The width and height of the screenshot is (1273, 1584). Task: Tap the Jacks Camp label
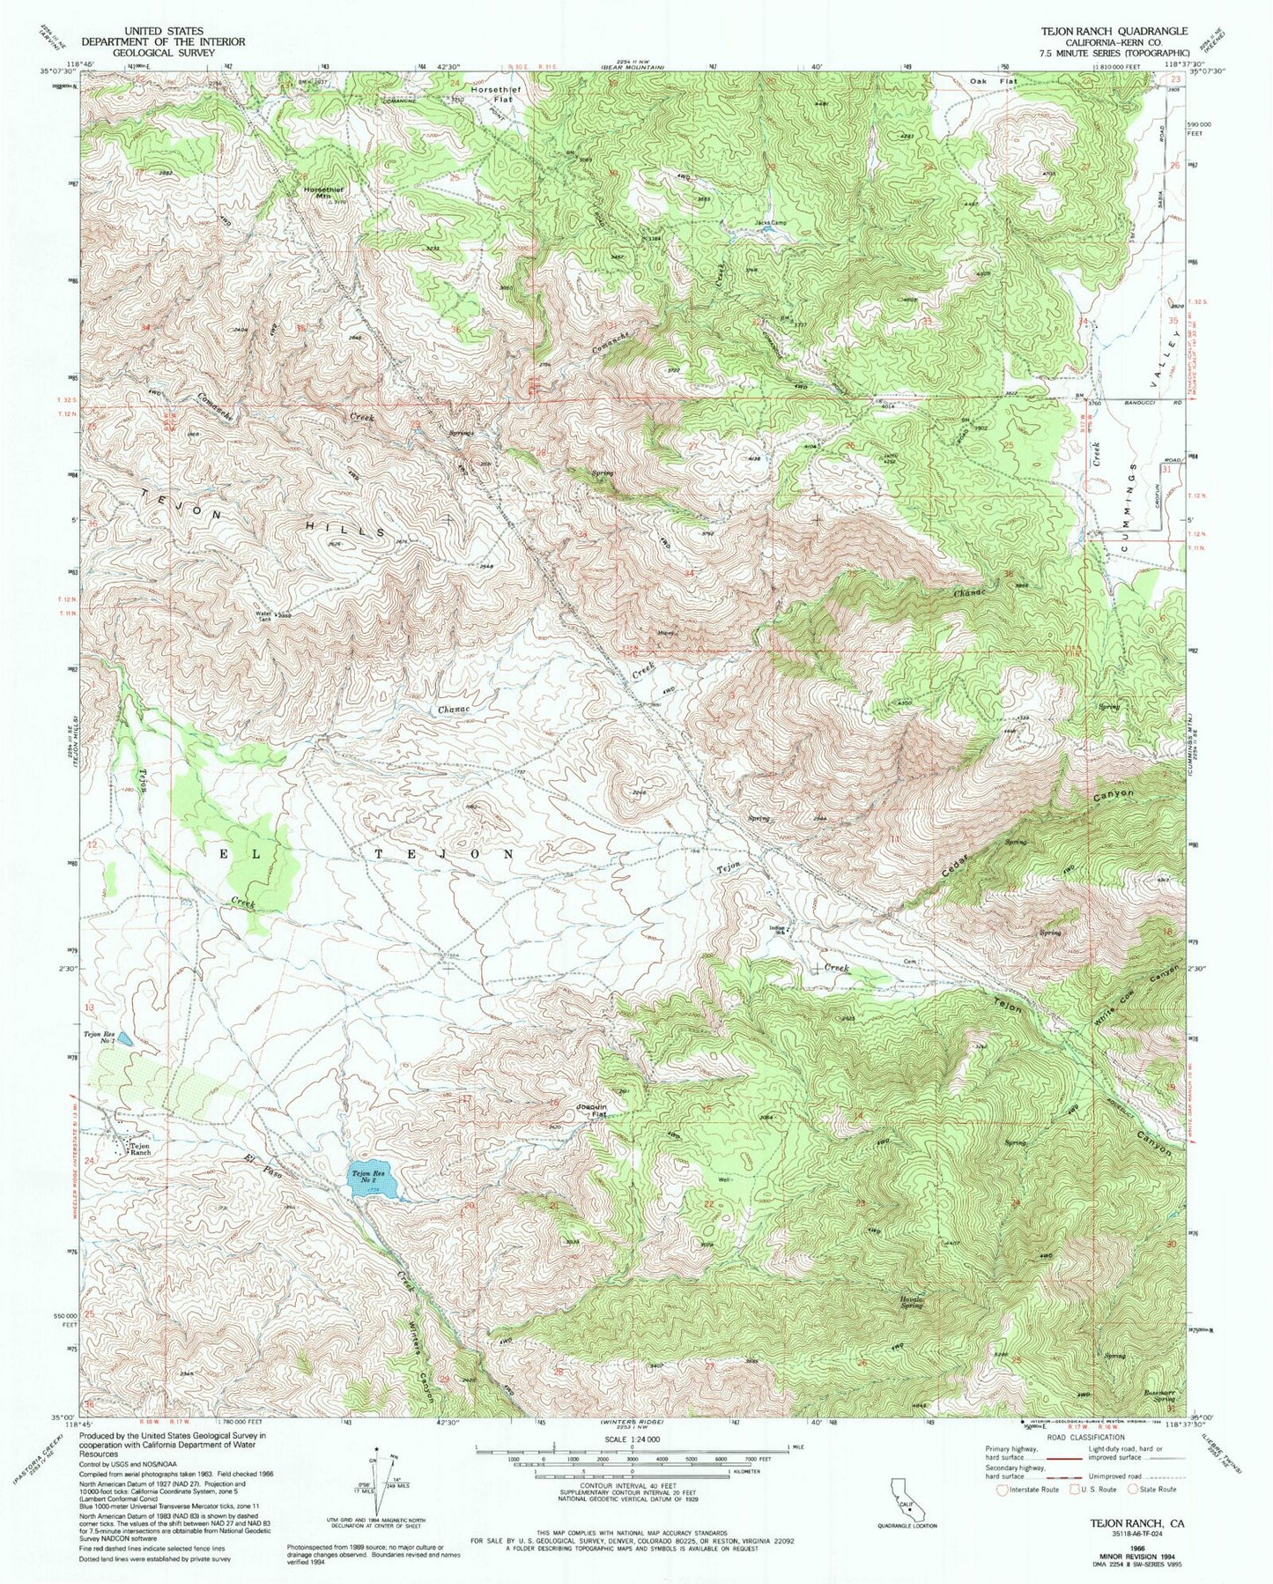[x=770, y=223]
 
